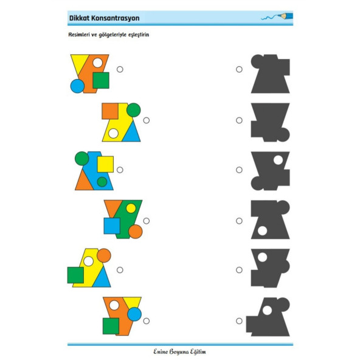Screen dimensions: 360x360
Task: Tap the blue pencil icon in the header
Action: pyautogui.click(x=285, y=16)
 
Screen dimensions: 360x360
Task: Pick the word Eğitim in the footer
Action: pyautogui.click(x=198, y=351)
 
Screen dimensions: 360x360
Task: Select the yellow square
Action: pyautogui.click(x=105, y=164)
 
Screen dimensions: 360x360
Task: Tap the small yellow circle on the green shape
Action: pyautogui.click(x=131, y=208)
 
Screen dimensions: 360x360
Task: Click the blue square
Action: pyautogui.click(x=112, y=226)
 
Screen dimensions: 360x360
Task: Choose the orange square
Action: pyautogui.click(x=110, y=111)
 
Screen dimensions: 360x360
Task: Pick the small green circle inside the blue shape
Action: pyautogui.click(x=102, y=182)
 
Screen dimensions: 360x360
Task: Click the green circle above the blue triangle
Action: pyautogui.click(x=133, y=110)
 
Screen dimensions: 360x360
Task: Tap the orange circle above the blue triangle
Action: pyautogui.click(x=104, y=255)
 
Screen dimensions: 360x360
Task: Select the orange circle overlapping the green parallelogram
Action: pyautogui.click(x=136, y=232)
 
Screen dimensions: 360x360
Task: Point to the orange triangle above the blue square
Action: pyautogui.click(x=112, y=208)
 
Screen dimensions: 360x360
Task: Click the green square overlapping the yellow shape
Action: pyautogui.click(x=75, y=275)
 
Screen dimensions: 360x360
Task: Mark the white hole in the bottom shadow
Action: pyautogui.click(x=267, y=310)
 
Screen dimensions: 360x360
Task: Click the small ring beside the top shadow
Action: pyautogui.click(x=239, y=69)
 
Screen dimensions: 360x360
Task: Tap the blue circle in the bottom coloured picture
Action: pyautogui.click(x=134, y=314)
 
